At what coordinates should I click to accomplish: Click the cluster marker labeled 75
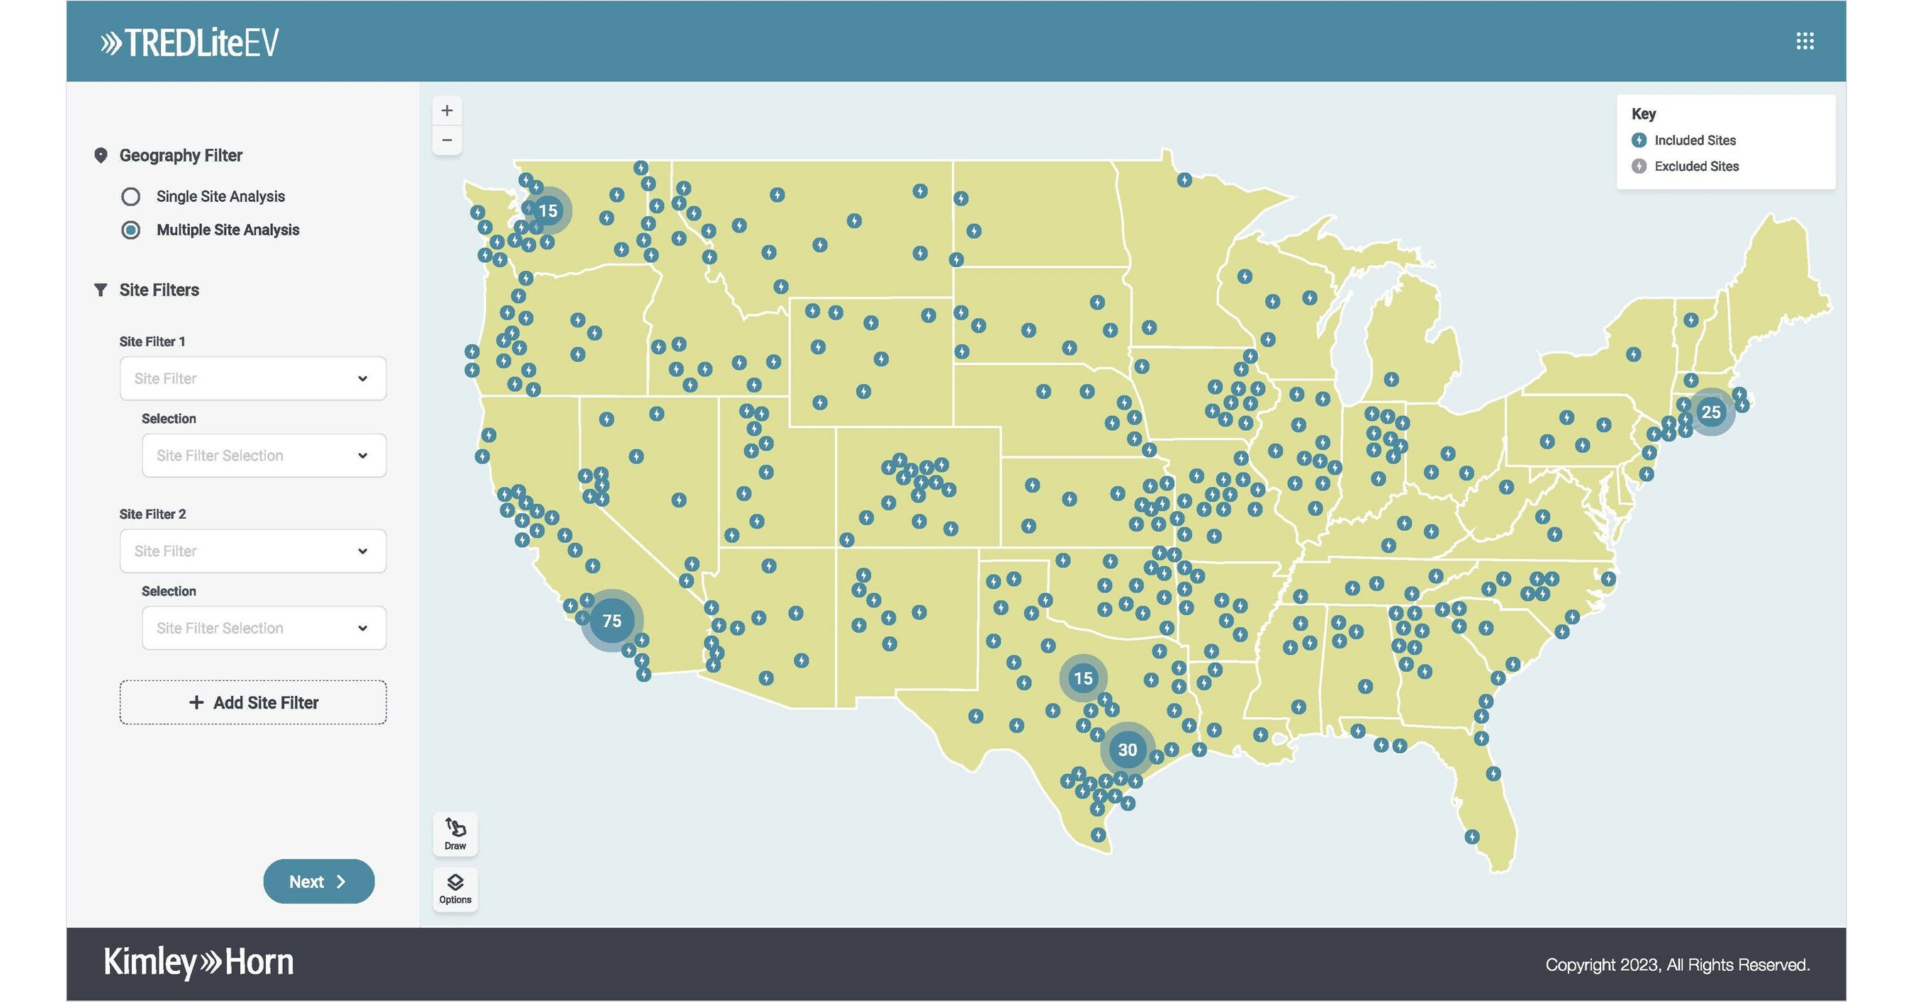tap(611, 621)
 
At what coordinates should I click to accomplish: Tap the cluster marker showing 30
tap(1127, 750)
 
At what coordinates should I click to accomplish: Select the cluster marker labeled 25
tap(1710, 412)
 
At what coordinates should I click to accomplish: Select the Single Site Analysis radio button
tap(130, 197)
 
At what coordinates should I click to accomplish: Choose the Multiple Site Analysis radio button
tap(130, 230)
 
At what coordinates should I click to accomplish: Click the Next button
tap(318, 882)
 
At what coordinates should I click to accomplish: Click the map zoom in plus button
tap(447, 111)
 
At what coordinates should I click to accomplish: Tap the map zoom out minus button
tap(447, 140)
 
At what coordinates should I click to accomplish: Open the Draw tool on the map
tap(455, 833)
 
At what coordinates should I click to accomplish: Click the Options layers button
tap(455, 889)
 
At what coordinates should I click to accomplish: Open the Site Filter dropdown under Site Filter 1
tap(252, 378)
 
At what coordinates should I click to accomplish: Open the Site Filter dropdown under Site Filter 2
tap(252, 551)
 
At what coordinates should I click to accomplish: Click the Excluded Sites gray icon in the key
tap(1639, 167)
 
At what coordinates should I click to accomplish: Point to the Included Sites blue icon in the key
tap(1639, 140)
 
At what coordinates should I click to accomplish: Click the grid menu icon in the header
tap(1805, 41)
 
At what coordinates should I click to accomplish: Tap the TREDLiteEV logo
tap(190, 43)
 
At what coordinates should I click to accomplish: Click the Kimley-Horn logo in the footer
tap(198, 962)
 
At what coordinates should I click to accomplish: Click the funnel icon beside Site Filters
tap(100, 289)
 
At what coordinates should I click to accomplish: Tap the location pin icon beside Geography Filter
tap(100, 155)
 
